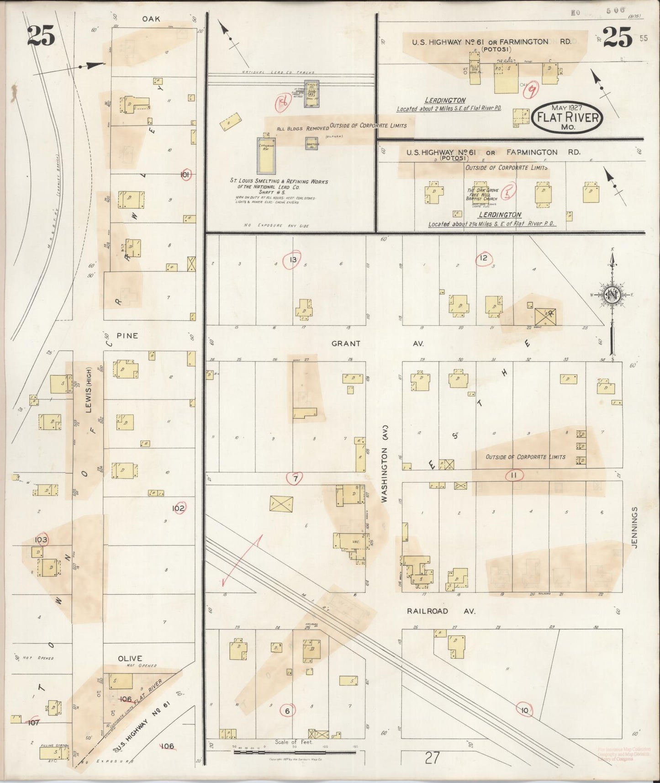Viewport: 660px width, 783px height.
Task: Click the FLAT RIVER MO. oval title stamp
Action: (567, 117)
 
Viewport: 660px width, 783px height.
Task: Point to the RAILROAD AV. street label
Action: (441, 611)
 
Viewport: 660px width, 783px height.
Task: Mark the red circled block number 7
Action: (295, 478)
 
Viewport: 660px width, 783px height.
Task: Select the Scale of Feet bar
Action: (294, 751)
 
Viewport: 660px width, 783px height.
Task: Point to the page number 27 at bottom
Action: (431, 758)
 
